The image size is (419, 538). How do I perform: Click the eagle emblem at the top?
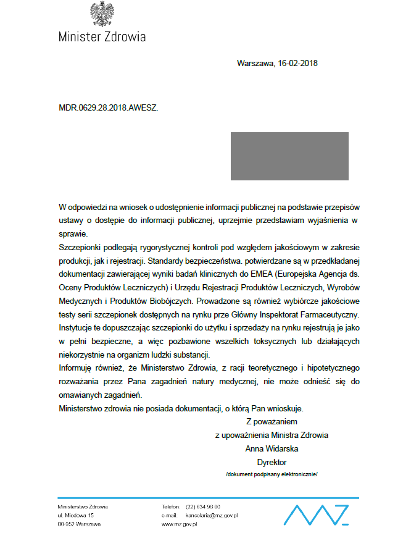click(102, 14)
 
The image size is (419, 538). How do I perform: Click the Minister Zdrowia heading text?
click(102, 36)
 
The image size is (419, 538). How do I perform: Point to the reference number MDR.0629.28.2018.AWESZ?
click(108, 107)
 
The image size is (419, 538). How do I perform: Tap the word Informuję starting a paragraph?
click(77, 369)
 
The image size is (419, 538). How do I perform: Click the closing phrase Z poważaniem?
click(272, 422)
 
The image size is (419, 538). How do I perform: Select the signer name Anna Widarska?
click(272, 448)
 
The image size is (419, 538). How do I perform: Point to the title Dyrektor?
click(272, 462)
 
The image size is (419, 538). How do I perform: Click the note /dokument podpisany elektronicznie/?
click(272, 474)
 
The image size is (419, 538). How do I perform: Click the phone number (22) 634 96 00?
click(202, 506)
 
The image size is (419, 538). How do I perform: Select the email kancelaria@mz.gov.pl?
click(212, 515)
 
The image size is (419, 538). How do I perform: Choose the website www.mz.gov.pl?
click(179, 524)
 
